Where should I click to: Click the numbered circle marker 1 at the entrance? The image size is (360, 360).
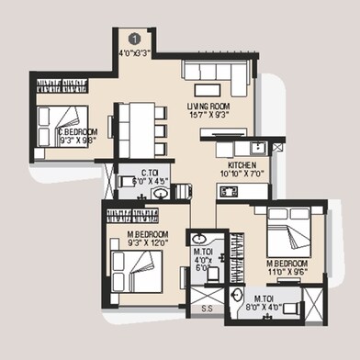click(135, 39)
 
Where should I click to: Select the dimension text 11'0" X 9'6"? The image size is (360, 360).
click(285, 272)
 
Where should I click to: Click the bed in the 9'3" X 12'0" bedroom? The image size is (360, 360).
click(137, 272)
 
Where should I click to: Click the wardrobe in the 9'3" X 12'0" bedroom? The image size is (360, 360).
click(134, 216)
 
